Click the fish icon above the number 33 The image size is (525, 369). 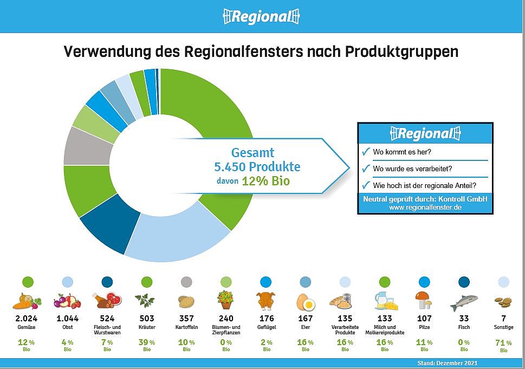pyautogui.click(x=464, y=303)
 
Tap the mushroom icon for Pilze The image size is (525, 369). pyautogui.click(x=424, y=300)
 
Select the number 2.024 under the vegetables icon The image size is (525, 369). pyautogui.click(x=27, y=318)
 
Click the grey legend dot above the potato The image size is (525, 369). pyautogui.click(x=186, y=282)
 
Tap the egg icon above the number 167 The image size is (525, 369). pyautogui.click(x=306, y=301)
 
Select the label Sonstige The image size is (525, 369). pyautogui.click(x=503, y=327)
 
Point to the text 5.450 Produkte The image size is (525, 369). pyautogui.click(x=257, y=167)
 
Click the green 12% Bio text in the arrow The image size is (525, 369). pyautogui.click(x=265, y=181)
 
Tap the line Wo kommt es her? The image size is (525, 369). pyautogui.click(x=402, y=152)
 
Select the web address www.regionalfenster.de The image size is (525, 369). pyautogui.click(x=425, y=208)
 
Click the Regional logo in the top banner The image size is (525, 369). pyautogui.click(x=261, y=16)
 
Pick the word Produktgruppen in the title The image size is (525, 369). pyautogui.click(x=401, y=52)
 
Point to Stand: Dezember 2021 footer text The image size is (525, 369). pyautogui.click(x=448, y=363)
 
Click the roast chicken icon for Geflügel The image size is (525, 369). pyautogui.click(x=266, y=301)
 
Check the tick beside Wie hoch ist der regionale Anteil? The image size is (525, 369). pyautogui.click(x=366, y=185)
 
